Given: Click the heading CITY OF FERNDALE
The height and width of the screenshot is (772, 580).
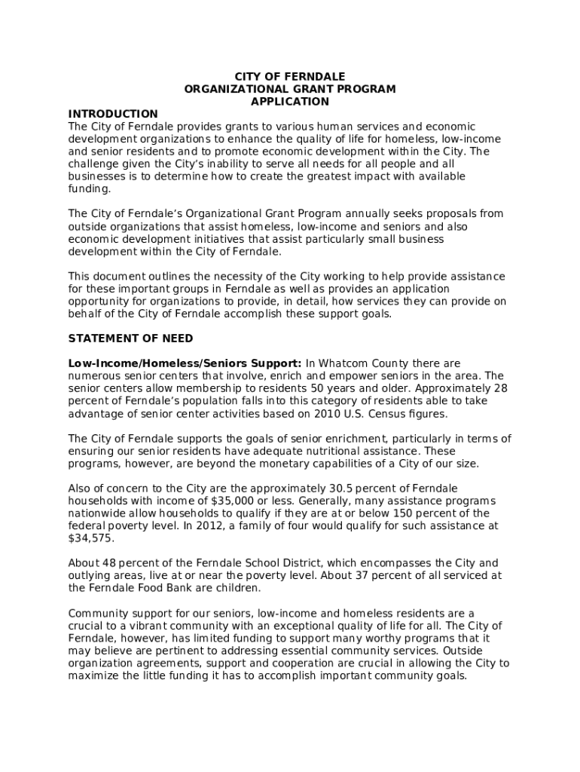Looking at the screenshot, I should click(290, 77).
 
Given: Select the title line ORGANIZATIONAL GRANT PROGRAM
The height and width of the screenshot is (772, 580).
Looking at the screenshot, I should click(290, 89).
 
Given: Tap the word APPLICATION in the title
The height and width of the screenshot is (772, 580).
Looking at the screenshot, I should click(290, 101).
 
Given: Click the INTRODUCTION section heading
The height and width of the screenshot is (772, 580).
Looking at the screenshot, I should click(113, 114).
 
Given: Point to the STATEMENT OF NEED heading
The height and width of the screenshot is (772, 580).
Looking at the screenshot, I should click(130, 339).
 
